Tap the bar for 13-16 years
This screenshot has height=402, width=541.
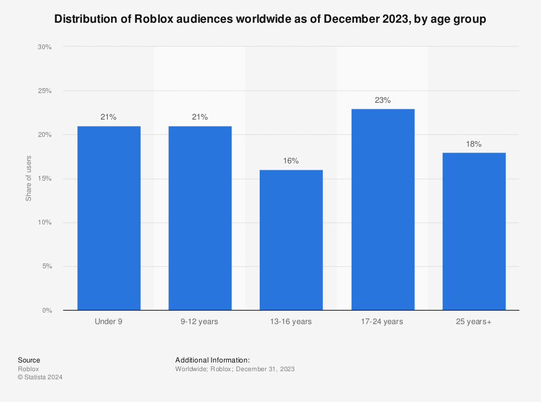tap(291, 240)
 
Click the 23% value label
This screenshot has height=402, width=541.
tap(383, 100)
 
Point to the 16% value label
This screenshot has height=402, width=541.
tap(291, 161)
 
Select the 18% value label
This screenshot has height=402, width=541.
tap(474, 144)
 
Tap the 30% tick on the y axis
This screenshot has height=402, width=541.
tap(44, 47)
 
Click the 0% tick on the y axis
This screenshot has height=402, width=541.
tap(47, 311)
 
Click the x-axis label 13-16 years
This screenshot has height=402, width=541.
tap(291, 322)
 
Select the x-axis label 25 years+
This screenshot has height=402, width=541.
tap(474, 322)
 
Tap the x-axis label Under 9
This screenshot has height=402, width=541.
tap(109, 322)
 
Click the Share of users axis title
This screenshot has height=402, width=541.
tap(29, 179)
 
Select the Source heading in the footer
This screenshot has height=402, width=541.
tap(29, 360)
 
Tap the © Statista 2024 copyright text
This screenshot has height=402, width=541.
tap(40, 378)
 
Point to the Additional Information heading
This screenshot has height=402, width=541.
tap(213, 360)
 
